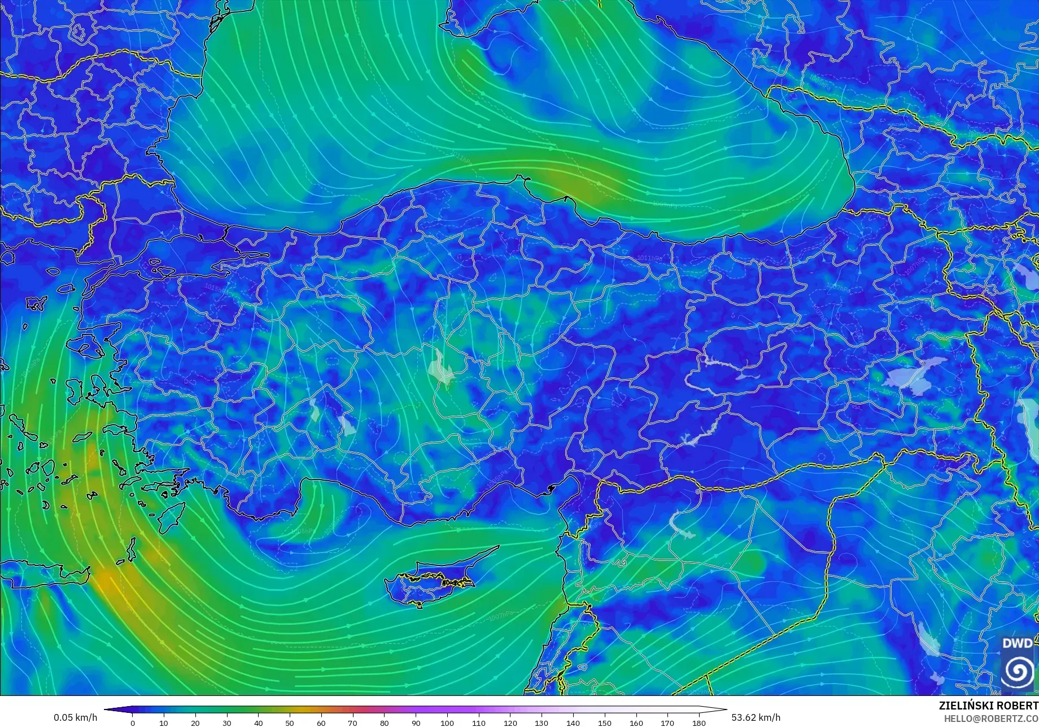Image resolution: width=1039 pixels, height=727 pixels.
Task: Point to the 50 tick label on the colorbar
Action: tap(290, 722)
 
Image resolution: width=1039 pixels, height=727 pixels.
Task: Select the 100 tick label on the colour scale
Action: tap(447, 722)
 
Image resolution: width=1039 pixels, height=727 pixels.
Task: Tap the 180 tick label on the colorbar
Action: tap(699, 722)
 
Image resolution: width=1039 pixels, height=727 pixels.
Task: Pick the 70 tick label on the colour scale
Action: tap(353, 722)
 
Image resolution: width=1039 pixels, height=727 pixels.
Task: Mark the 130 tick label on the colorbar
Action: tap(542, 722)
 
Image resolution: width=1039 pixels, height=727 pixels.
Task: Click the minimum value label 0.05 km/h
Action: tap(76, 717)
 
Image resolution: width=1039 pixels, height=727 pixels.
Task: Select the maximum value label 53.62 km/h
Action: tap(756, 717)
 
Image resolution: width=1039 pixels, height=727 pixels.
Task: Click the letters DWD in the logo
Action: tap(1017, 643)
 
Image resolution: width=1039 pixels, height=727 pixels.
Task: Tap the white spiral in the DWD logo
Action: tap(1018, 671)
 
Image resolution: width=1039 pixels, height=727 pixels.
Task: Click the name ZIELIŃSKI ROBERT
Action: tap(988, 706)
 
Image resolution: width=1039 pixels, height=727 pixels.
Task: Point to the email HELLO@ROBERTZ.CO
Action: tap(992, 718)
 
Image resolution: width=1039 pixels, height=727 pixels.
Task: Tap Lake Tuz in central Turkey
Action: tap(442, 368)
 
